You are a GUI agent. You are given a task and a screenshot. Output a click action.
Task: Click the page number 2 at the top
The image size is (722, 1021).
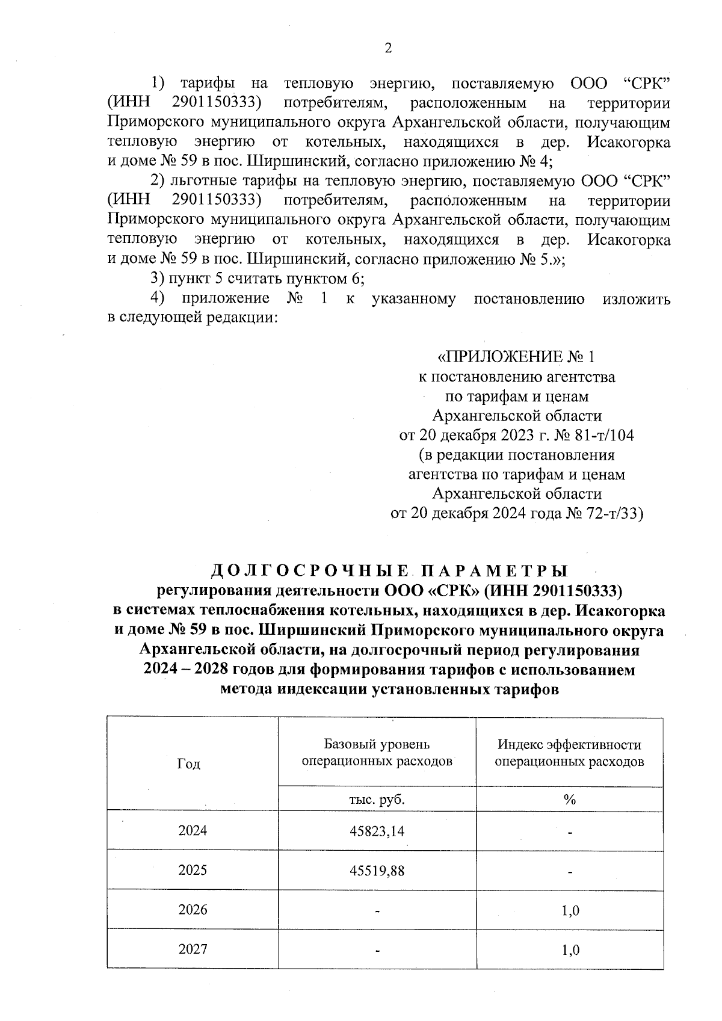[387, 49]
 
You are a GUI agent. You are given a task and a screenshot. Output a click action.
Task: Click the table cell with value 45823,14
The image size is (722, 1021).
[377, 831]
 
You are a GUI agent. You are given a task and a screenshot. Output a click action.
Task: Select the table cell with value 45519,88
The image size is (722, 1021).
[377, 871]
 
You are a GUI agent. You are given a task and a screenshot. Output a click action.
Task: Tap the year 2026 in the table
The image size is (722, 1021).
[193, 910]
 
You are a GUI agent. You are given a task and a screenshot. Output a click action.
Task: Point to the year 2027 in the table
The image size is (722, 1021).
[193, 949]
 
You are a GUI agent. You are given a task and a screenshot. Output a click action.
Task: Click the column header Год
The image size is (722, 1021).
[188, 764]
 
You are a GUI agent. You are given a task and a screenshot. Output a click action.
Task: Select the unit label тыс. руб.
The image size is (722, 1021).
[377, 800]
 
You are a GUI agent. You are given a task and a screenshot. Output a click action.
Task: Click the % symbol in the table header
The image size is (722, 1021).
[569, 800]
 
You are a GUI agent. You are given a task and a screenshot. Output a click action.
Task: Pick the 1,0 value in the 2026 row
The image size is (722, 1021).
[570, 911]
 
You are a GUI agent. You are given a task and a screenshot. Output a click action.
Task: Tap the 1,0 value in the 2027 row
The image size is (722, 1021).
[570, 951]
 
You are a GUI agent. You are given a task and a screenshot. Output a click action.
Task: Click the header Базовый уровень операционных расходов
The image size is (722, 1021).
[377, 753]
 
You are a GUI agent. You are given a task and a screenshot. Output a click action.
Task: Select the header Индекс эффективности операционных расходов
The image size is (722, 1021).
[569, 753]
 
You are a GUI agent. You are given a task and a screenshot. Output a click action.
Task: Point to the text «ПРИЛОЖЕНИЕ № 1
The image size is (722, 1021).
[516, 358]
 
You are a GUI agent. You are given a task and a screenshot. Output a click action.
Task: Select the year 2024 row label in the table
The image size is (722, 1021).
[193, 831]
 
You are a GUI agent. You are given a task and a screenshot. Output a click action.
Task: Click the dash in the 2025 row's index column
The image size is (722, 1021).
[569, 872]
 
